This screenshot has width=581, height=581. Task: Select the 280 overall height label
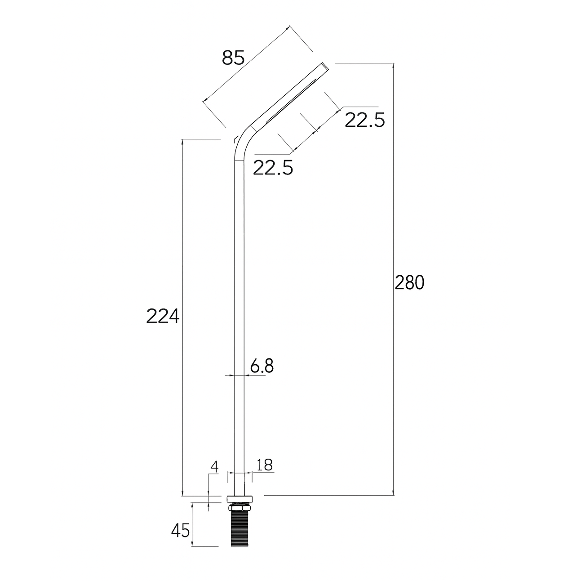tap(409, 283)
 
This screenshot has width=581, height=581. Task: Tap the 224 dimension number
tap(163, 317)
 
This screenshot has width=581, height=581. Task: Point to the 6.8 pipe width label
tap(262, 366)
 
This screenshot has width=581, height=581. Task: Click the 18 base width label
tap(265, 465)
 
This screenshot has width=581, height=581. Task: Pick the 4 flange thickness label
tap(215, 467)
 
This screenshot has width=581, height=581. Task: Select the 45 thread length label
tap(180, 531)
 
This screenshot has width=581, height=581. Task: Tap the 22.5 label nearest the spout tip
tap(365, 120)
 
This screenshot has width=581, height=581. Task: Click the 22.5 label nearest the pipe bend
tap(273, 168)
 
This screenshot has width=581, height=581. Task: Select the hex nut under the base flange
tap(240, 507)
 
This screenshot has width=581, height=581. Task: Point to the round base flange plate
tap(240, 499)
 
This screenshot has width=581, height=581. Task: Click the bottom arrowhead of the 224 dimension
tap(182, 493)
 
